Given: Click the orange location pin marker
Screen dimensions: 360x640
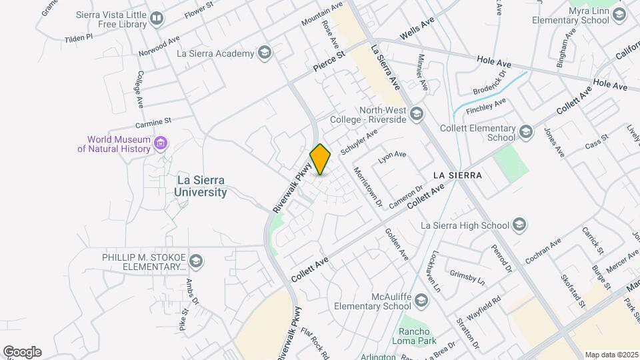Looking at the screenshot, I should click(320, 159).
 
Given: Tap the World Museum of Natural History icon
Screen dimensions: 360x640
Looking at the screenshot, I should click(161, 143).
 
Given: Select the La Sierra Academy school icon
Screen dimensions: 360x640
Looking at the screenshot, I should click(265, 53).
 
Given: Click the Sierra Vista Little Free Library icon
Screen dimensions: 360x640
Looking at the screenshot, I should click(157, 19).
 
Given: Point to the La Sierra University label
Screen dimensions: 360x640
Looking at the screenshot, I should click(200, 186).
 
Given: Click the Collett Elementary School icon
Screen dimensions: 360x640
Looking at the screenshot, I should click(526, 133).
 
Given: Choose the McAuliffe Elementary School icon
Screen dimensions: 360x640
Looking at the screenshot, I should click(421, 301).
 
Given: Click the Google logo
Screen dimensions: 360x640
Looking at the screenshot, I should click(22, 351).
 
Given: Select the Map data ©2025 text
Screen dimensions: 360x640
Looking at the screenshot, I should click(611, 355).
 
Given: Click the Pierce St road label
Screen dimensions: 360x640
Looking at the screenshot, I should click(328, 61).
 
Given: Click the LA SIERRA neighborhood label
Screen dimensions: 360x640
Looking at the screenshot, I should click(457, 175).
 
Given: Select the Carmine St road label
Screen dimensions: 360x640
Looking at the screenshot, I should click(153, 122).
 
